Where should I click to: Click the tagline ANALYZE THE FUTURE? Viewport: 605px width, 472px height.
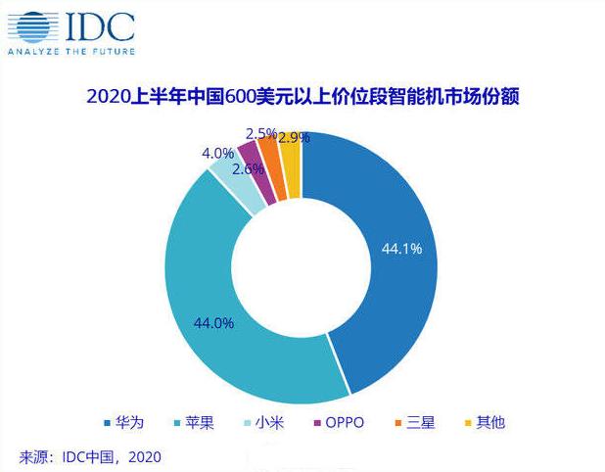pos(70,50)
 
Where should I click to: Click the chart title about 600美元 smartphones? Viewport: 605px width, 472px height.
pos(301,97)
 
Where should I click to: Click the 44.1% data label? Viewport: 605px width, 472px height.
pos(403,249)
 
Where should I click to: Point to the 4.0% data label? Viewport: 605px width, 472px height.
pos(217,154)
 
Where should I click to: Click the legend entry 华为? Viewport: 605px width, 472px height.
pos(124,423)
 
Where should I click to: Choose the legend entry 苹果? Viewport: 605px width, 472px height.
pos(193,423)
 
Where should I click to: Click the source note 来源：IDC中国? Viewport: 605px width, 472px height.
pos(89,456)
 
